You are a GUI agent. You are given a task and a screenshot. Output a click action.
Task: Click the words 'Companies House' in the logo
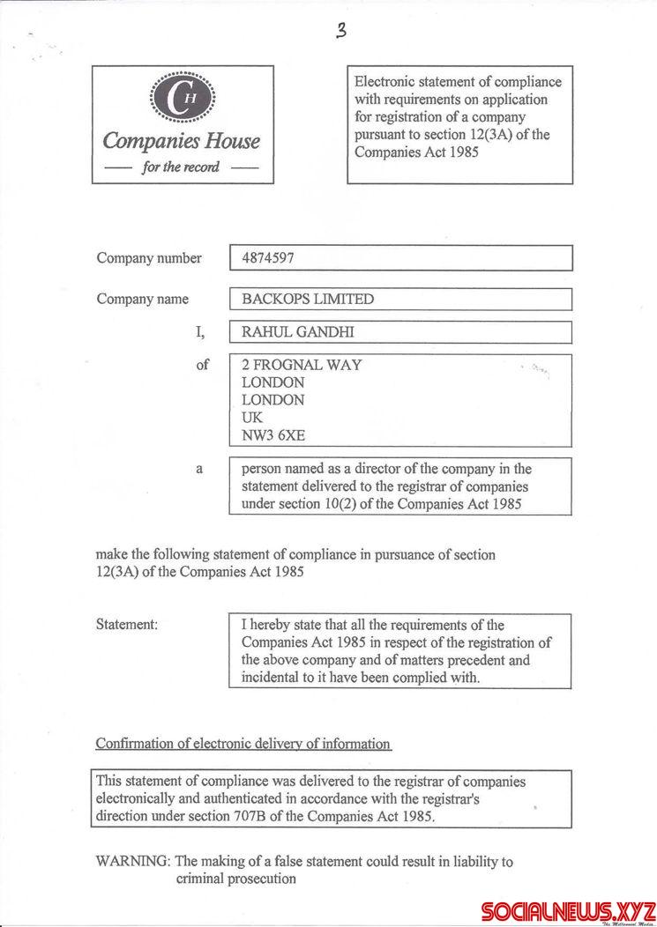click(182, 141)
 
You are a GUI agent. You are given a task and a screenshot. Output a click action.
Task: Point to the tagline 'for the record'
click(182, 167)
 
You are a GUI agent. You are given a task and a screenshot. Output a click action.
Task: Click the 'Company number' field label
click(149, 258)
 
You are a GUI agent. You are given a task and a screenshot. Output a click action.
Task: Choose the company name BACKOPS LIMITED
click(308, 299)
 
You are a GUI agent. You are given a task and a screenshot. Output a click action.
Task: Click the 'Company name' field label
click(142, 299)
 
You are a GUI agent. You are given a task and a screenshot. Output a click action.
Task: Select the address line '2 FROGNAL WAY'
click(301, 365)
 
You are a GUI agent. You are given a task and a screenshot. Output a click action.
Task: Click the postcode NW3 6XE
click(273, 434)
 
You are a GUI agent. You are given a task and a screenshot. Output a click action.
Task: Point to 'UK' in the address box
click(252, 417)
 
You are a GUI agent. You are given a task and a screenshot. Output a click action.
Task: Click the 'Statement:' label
click(127, 624)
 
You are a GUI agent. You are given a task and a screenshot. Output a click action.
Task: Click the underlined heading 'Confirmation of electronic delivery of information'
click(243, 744)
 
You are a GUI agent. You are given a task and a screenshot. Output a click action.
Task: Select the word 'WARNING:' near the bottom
click(133, 861)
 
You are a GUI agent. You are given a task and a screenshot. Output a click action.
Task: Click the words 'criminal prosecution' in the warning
click(235, 879)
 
